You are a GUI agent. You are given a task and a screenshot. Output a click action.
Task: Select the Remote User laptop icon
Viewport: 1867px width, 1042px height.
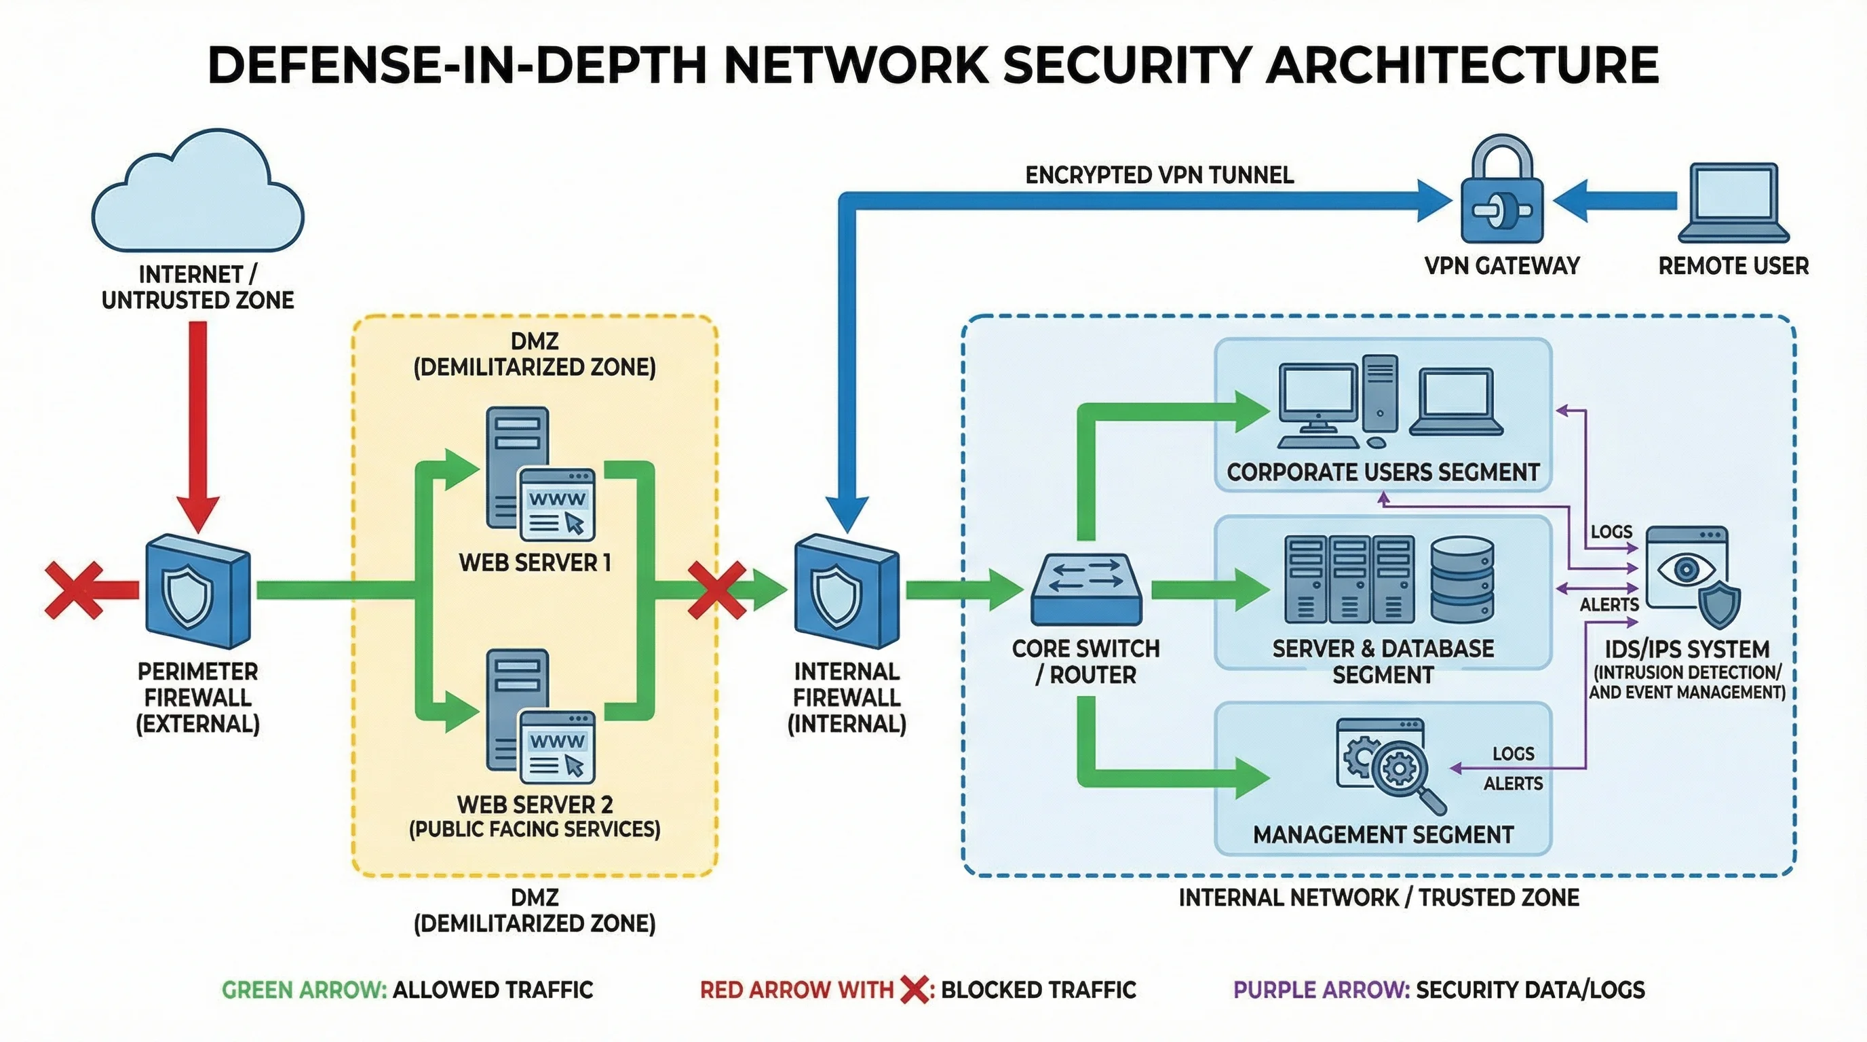tap(1733, 203)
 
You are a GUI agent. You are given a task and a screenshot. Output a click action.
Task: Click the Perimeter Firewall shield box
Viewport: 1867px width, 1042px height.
tap(198, 592)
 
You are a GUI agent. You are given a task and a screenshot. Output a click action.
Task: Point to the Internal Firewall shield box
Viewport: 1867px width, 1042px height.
tap(847, 592)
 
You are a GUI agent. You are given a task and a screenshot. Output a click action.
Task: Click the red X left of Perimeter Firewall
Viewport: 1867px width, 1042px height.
tap(73, 591)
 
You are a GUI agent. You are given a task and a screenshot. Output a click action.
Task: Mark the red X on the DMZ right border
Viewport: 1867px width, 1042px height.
tap(716, 591)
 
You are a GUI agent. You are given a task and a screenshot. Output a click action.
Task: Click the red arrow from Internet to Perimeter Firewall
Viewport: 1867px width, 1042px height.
tap(198, 421)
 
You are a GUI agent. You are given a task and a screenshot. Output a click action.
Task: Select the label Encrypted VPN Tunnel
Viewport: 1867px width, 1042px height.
tap(1159, 175)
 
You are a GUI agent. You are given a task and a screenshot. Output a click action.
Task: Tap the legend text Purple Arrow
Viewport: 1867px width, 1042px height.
tap(1320, 990)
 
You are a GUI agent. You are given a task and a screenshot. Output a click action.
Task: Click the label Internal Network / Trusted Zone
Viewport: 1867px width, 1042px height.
tap(1379, 898)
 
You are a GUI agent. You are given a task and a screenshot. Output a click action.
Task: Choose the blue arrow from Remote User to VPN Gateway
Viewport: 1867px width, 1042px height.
tap(1616, 201)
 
